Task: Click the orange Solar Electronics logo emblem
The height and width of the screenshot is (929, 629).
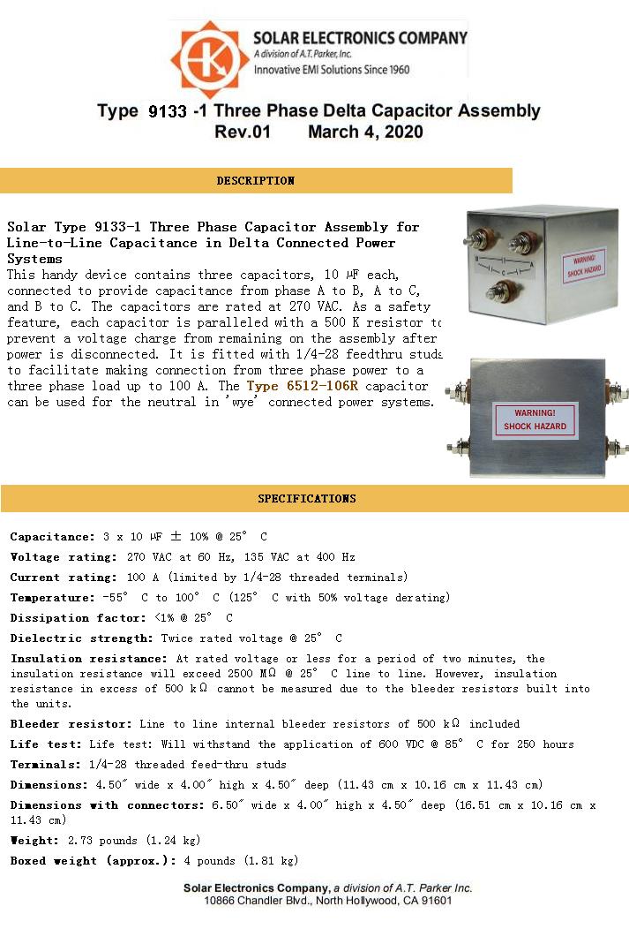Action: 210,59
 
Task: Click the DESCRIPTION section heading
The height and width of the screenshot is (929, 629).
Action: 255,181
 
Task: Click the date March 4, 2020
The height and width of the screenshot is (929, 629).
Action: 365,132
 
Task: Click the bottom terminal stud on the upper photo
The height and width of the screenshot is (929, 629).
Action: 498,291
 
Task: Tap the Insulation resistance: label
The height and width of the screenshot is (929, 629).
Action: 88,659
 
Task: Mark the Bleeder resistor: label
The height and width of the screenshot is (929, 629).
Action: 71,724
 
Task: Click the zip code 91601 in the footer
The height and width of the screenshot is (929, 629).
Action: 432,901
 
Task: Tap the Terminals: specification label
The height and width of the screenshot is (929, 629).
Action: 45,765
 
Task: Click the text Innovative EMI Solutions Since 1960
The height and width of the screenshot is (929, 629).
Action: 331,70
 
